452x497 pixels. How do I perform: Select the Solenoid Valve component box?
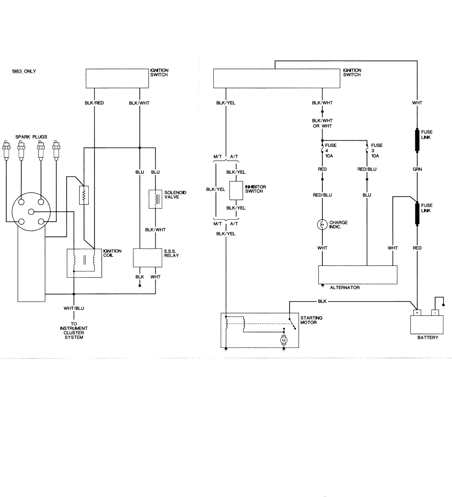pos(155,198)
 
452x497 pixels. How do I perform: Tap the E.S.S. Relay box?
pos(147,258)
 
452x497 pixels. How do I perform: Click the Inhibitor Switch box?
pos(236,190)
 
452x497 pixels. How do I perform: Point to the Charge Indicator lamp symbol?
pos(322,224)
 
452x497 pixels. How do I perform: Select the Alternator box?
pos(358,274)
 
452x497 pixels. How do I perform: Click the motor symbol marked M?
pos(284,340)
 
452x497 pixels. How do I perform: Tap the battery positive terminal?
pos(417,312)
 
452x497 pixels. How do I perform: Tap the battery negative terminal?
pos(434,312)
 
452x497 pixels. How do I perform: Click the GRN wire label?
pos(417,172)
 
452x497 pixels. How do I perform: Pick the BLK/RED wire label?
pos(94,103)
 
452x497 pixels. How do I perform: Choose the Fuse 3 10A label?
pos(377,149)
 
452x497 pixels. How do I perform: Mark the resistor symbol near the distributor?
pos(84,195)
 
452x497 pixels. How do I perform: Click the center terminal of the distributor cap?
pos(31,212)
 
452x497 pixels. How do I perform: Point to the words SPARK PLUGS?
pos(31,137)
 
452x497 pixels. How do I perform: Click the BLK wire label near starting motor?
pos(322,301)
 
